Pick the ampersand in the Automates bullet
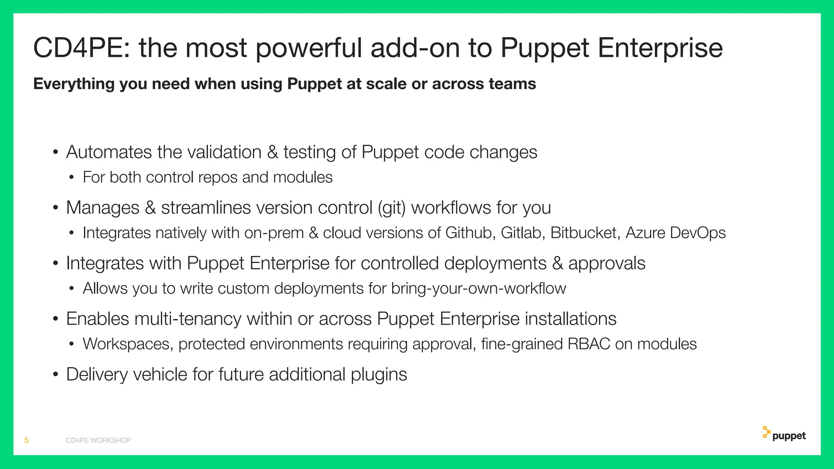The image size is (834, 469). [x=272, y=152]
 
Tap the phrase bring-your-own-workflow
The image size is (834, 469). [x=478, y=289]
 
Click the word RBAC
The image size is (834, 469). [x=588, y=344]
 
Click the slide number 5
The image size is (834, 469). [x=26, y=440]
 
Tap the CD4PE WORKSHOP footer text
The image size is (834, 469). [x=98, y=441]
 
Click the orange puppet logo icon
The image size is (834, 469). [x=766, y=432]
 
